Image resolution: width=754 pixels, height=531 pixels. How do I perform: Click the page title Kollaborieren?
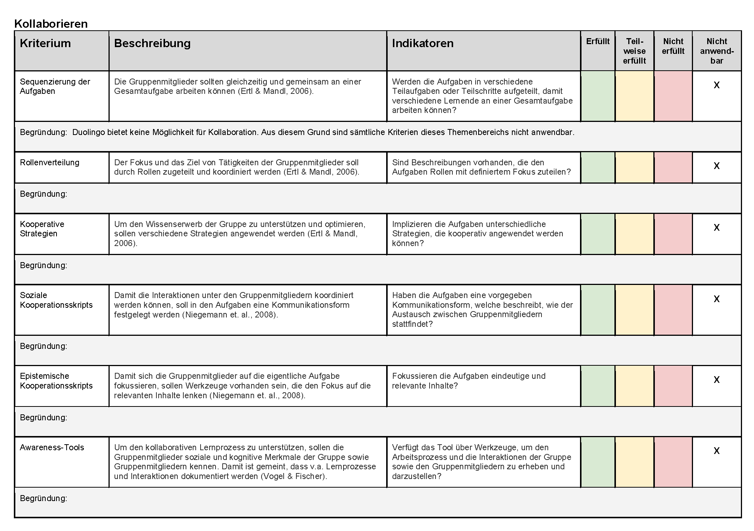(x=51, y=24)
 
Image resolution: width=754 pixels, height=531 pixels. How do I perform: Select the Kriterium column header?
(x=45, y=43)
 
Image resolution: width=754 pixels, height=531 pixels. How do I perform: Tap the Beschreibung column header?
(x=152, y=43)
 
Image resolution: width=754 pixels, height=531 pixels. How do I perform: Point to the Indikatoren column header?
(x=422, y=43)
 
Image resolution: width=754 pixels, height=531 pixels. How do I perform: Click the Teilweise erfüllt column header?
(x=634, y=51)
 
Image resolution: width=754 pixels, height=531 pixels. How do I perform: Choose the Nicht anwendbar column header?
(x=717, y=51)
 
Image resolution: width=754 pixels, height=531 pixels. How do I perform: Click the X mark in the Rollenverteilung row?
(x=717, y=166)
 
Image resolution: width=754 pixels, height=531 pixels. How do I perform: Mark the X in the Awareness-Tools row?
(x=717, y=451)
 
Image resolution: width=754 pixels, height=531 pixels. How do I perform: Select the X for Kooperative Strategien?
(x=717, y=227)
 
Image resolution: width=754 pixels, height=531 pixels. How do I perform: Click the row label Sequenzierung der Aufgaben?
(x=55, y=86)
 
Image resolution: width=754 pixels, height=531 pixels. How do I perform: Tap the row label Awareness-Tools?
(x=52, y=447)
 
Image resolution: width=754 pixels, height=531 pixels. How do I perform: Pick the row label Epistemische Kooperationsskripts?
(x=56, y=381)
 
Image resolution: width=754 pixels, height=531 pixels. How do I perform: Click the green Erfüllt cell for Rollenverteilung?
(x=598, y=168)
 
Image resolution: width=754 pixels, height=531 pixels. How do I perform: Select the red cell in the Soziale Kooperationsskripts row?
(x=673, y=310)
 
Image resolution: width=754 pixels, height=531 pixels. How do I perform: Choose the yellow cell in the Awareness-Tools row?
(x=634, y=462)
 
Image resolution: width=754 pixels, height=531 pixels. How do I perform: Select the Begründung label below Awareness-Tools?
(x=43, y=498)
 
